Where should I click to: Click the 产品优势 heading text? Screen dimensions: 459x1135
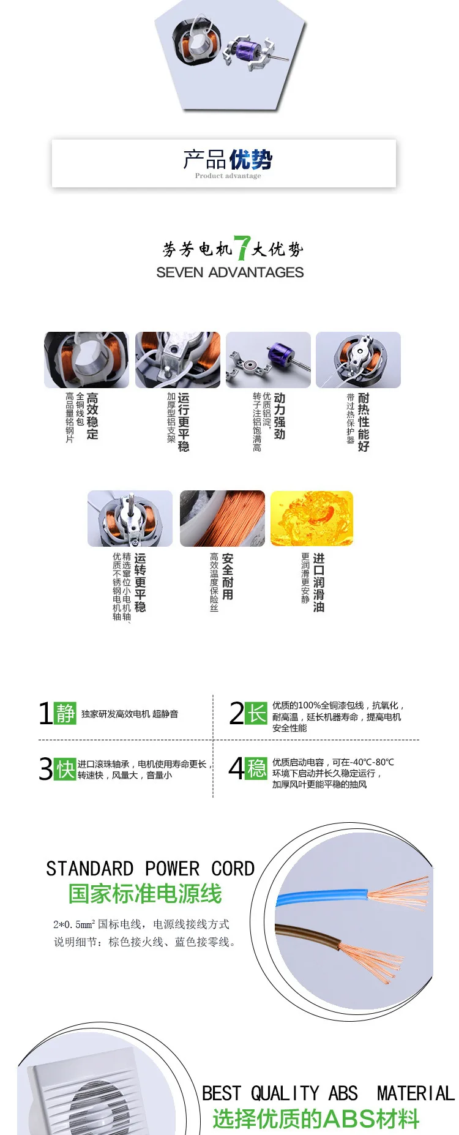pos(228,160)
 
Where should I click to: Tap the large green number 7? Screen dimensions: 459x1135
pos(242,248)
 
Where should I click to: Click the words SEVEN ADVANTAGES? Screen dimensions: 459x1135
pos(230,272)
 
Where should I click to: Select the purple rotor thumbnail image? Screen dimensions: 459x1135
pos(268,360)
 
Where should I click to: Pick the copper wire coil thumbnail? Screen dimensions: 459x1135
pos(222,519)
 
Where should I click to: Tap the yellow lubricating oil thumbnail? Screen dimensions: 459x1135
pos(312,519)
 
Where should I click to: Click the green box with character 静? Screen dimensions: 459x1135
pos(65,713)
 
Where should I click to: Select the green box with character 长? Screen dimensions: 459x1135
pos(256,713)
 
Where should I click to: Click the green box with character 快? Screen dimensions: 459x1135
pos(65,769)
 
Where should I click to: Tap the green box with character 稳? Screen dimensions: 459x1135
pos(256,768)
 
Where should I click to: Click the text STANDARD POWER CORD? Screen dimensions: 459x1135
pos(151,869)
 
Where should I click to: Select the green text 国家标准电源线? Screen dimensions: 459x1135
pos(145,894)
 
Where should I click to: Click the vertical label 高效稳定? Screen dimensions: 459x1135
pos(92,416)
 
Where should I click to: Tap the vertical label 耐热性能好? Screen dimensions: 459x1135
pos(364,422)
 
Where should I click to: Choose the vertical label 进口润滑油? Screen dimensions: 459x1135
pos(319,582)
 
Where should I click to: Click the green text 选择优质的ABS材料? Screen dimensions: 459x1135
pos(316,1118)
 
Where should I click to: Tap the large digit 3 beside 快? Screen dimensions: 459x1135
pos(46,769)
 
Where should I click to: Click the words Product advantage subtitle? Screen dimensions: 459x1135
pos(228,176)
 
